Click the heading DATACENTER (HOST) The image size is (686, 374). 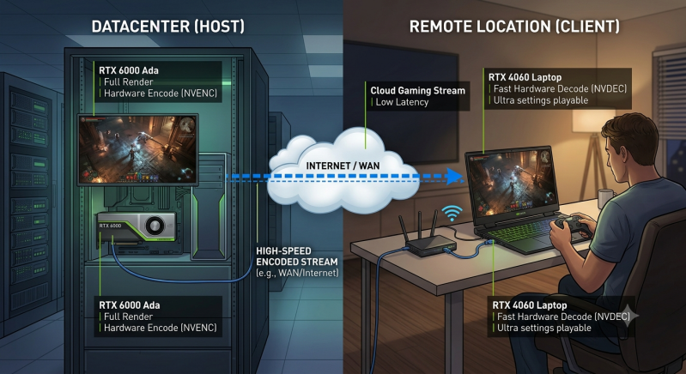[168, 27]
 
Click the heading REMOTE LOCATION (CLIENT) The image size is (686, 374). [514, 27]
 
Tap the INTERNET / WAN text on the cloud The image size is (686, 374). [343, 166]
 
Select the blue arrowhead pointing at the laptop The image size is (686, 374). [455, 176]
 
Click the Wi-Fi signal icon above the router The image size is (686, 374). [452, 213]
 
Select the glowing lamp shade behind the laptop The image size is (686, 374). [593, 121]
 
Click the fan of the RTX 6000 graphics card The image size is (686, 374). [155, 226]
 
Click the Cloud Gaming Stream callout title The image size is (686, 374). [417, 90]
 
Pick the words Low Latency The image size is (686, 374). [402, 102]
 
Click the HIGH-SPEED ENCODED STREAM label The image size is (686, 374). [296, 256]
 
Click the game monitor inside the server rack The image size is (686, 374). [137, 150]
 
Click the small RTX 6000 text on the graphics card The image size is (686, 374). [110, 226]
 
